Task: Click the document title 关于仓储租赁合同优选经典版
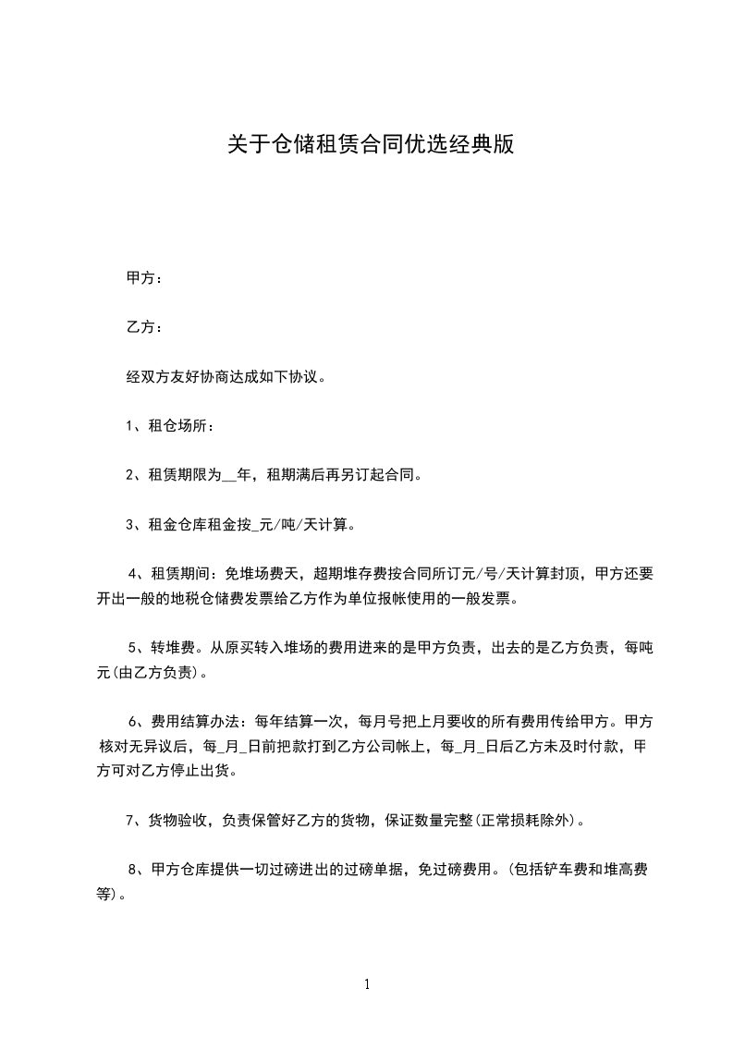click(370, 146)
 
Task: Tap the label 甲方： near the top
click(145, 278)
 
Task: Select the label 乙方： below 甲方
click(145, 327)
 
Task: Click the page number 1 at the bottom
click(367, 984)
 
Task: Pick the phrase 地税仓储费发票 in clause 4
click(224, 598)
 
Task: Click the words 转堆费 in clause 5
click(173, 649)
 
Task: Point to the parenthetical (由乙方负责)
click(155, 672)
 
